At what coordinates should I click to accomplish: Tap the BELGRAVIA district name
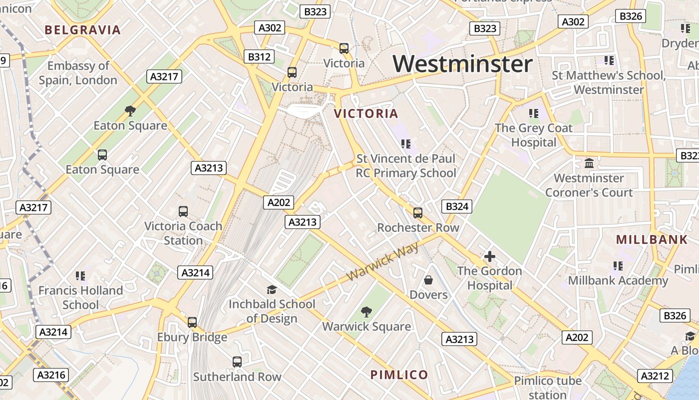[83, 30]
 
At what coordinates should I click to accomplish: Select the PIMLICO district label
[399, 375]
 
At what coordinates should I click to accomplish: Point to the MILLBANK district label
[652, 239]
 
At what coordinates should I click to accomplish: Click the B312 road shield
[259, 57]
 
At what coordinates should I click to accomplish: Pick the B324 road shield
[457, 206]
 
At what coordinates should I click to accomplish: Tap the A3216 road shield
[51, 375]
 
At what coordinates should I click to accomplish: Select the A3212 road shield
[654, 376]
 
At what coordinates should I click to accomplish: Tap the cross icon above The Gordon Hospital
[490, 257]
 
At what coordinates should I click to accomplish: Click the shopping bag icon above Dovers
[428, 280]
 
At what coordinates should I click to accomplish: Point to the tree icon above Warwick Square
[366, 312]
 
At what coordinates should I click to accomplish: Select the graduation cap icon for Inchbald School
[272, 289]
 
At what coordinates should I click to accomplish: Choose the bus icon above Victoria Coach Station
[183, 211]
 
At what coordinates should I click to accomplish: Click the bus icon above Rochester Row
[418, 213]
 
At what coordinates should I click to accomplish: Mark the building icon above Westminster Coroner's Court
[589, 163]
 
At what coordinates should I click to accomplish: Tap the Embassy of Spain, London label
[78, 73]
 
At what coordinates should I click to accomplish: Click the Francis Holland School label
[80, 297]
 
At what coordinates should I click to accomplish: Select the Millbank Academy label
[618, 280]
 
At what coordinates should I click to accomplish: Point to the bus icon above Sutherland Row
[237, 361]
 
